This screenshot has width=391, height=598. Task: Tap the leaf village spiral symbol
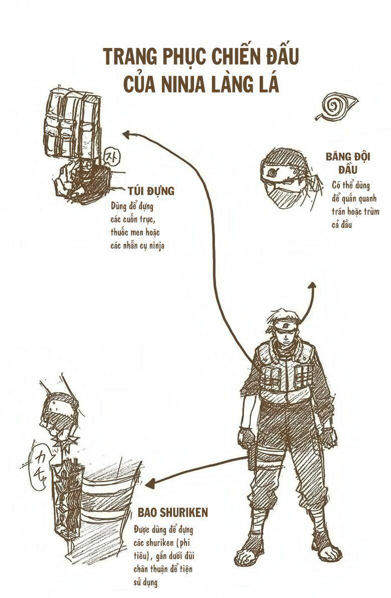point(334,106)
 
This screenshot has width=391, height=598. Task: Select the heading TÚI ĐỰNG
point(150,191)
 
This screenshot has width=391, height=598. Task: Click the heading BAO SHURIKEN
point(172,512)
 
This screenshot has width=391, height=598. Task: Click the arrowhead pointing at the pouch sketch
point(126,134)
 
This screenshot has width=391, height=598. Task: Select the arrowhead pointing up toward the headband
point(311,284)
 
